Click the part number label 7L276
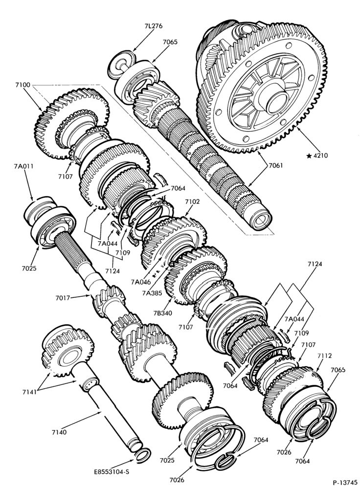coord(154,26)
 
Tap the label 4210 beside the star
coord(321,156)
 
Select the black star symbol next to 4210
coord(309,156)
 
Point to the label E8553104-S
coord(112,472)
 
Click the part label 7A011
coord(23,167)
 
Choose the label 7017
coord(63,298)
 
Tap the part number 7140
coord(59,432)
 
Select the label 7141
coord(29,392)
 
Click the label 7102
coord(193,202)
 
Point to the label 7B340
coord(162,313)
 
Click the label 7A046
coord(141,282)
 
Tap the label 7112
coord(324,356)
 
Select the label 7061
coord(275,166)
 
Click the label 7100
coord(22,85)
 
